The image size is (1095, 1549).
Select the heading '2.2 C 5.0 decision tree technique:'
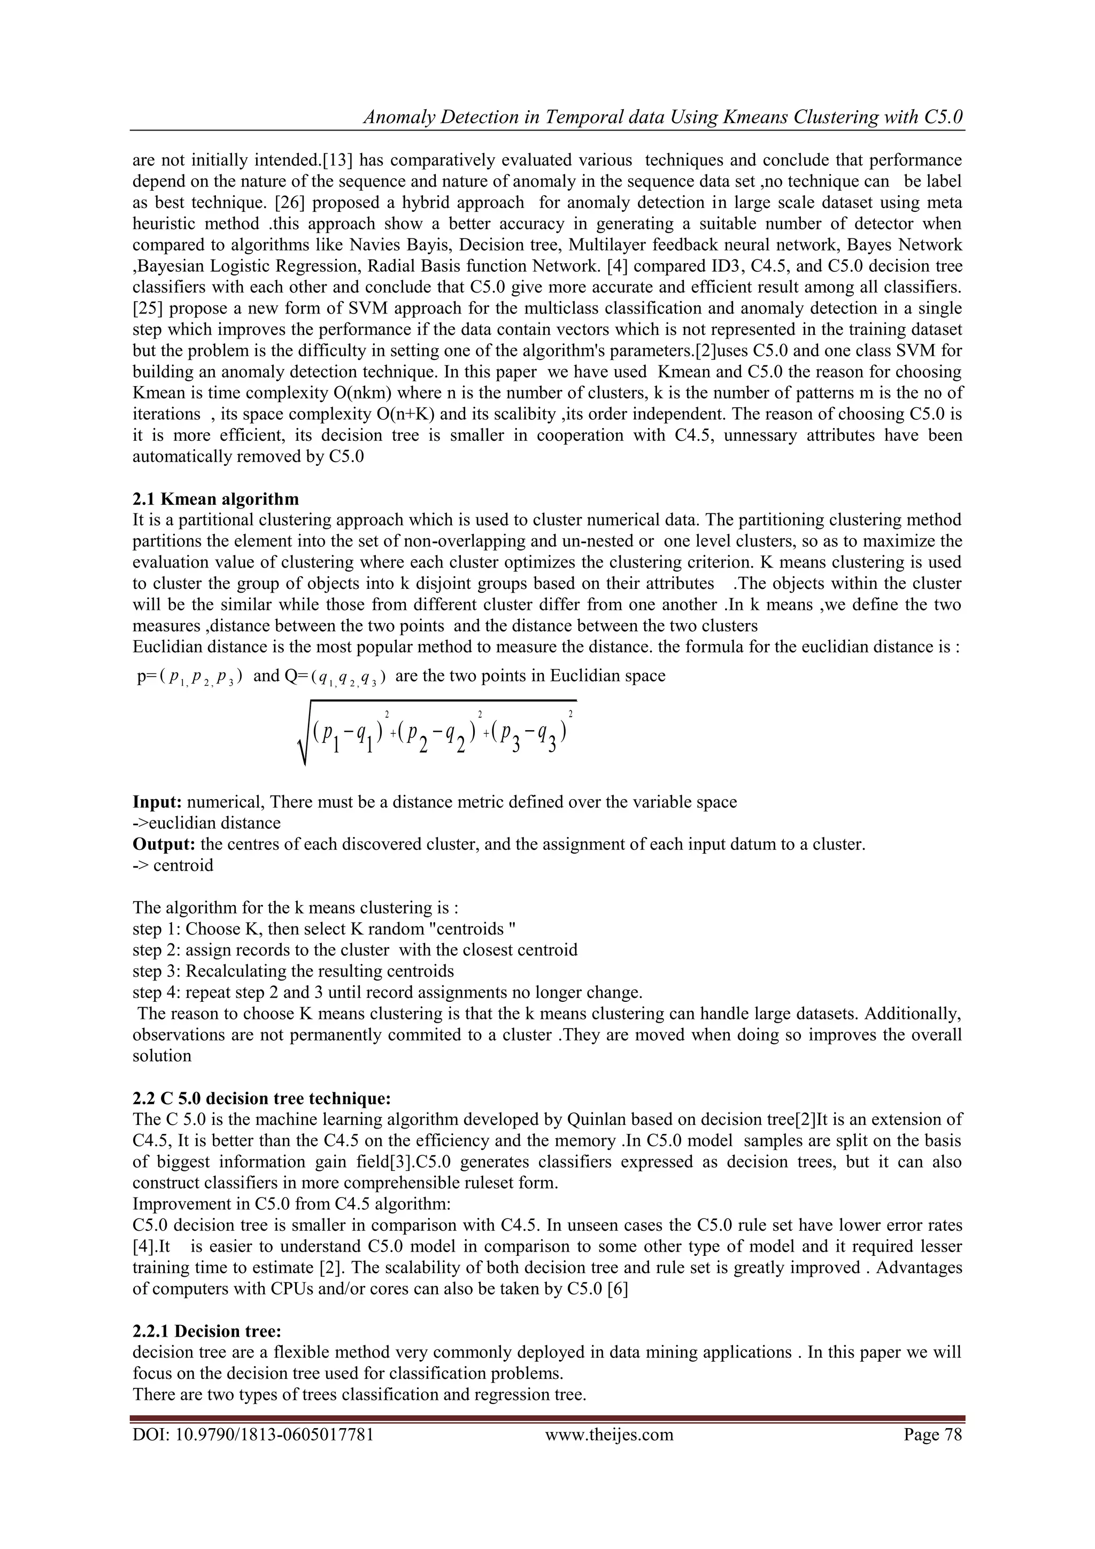[x=261, y=1098]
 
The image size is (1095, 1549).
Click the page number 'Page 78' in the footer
[x=932, y=1433]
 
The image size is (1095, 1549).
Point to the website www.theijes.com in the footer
[x=609, y=1433]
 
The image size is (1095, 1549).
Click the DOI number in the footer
[x=253, y=1433]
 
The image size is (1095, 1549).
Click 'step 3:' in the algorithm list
[x=157, y=971]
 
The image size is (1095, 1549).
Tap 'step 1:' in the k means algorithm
[x=157, y=929]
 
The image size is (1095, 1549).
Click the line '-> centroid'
[x=173, y=865]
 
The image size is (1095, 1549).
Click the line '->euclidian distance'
[x=206, y=823]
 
